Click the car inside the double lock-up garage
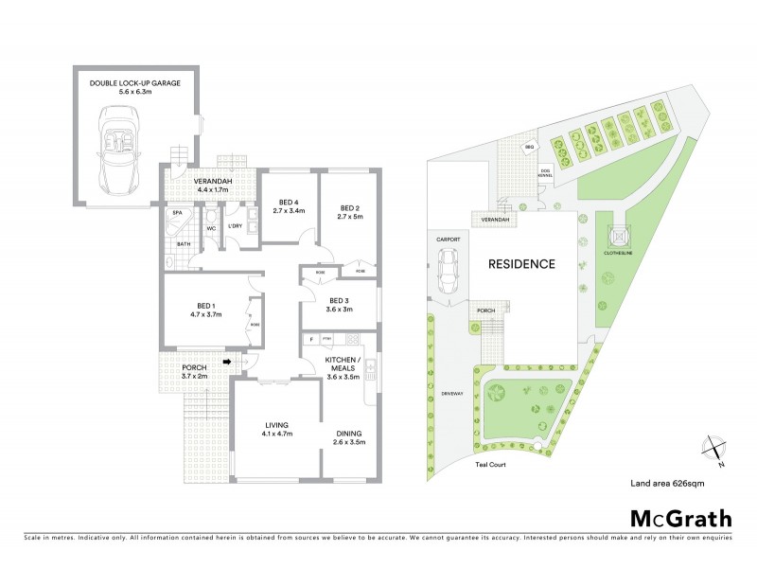122,148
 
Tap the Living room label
276,424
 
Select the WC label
211,229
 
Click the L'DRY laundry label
236,226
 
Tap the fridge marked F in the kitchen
309,339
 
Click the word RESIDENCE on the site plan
521,264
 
